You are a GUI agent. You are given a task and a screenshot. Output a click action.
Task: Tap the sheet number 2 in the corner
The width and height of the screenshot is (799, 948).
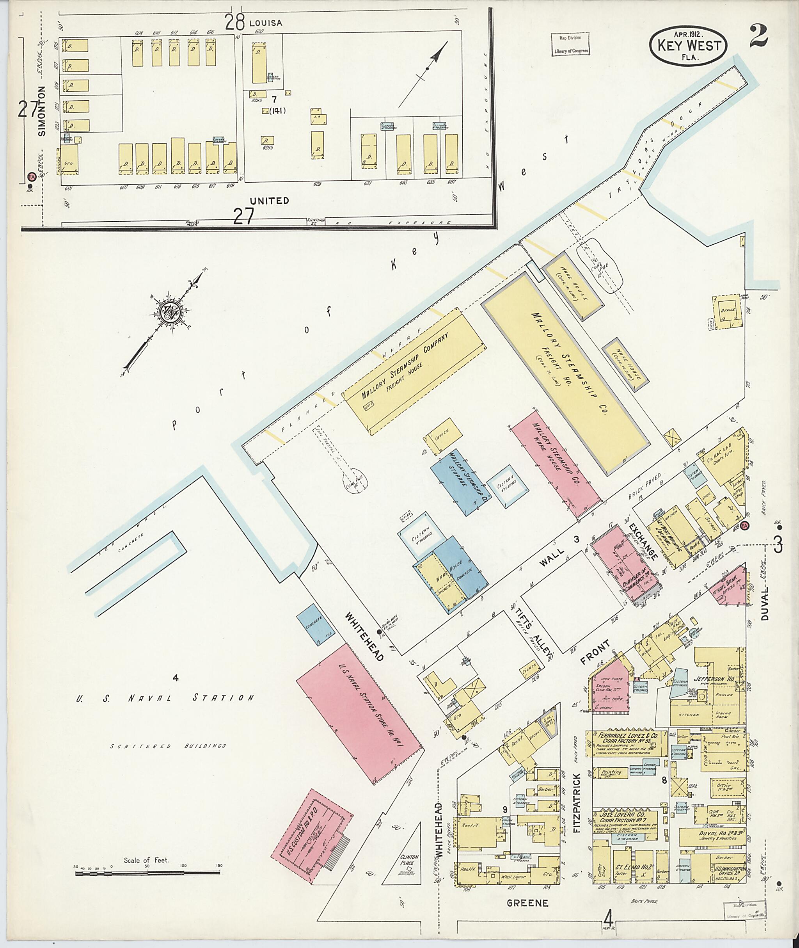point(758,36)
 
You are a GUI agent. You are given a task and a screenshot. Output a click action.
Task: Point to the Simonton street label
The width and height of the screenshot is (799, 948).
point(42,111)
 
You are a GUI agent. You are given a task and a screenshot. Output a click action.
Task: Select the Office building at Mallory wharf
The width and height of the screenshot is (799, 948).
point(442,436)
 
